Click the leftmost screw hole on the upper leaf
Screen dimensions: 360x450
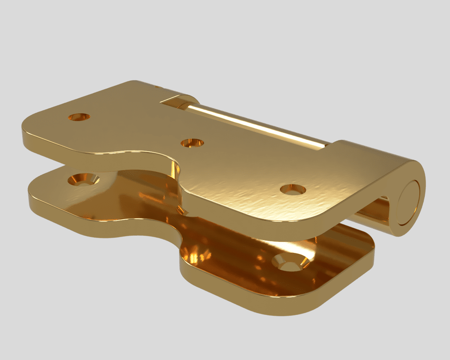[x=79, y=117]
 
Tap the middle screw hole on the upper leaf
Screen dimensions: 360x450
[x=192, y=143]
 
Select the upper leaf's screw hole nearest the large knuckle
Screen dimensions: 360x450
[x=292, y=189]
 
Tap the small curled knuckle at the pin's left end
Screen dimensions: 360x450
[x=180, y=101]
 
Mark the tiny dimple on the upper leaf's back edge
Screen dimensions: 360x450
[x=156, y=85]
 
